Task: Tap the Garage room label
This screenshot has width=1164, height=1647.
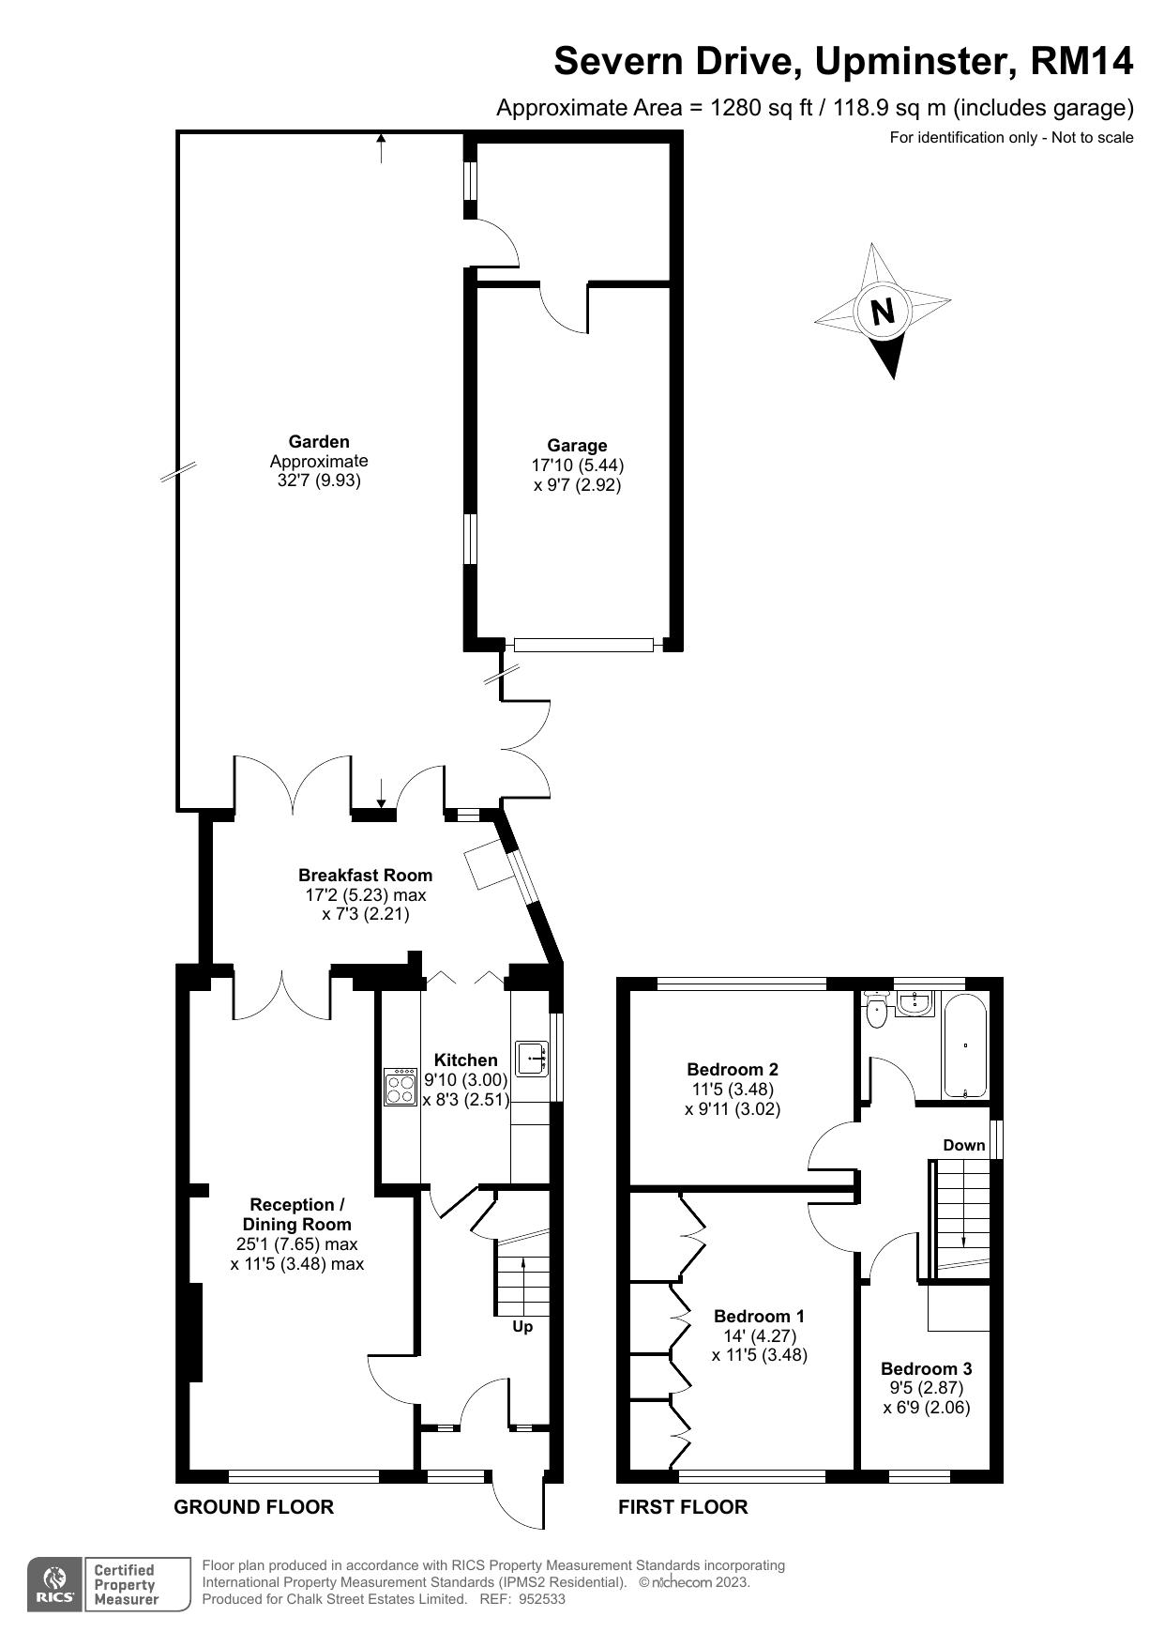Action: (x=577, y=446)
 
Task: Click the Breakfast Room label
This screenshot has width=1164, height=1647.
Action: (x=365, y=875)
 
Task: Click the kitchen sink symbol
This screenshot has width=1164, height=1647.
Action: (x=532, y=1058)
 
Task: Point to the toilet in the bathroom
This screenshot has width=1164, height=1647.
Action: (x=878, y=1010)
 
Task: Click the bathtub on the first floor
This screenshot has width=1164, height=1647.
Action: (x=963, y=1045)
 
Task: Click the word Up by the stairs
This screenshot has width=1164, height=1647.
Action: (x=522, y=1327)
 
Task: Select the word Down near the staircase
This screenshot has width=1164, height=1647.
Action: (x=963, y=1145)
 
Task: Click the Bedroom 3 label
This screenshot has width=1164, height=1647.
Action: (x=926, y=1368)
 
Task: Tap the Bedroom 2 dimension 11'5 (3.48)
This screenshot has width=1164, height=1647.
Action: (x=732, y=1089)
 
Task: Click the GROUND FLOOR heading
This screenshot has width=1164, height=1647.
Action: (x=253, y=1507)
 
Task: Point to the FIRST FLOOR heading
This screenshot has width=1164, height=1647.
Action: (x=683, y=1507)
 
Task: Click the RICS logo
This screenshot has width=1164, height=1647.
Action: (x=54, y=1585)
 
